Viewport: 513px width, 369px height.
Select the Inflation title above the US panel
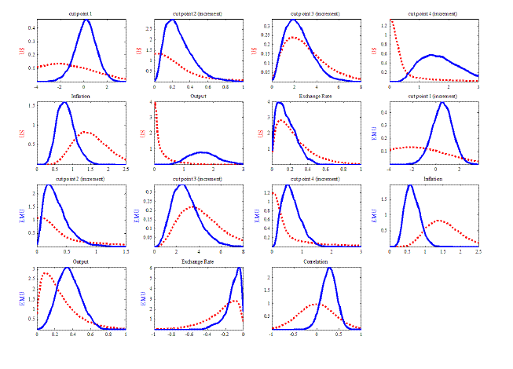81,97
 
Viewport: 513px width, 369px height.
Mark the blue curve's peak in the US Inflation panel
65,102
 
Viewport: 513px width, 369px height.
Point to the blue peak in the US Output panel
201,152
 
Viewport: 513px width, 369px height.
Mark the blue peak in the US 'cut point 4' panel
433,55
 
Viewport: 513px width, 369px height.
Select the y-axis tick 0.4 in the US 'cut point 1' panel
31,27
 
